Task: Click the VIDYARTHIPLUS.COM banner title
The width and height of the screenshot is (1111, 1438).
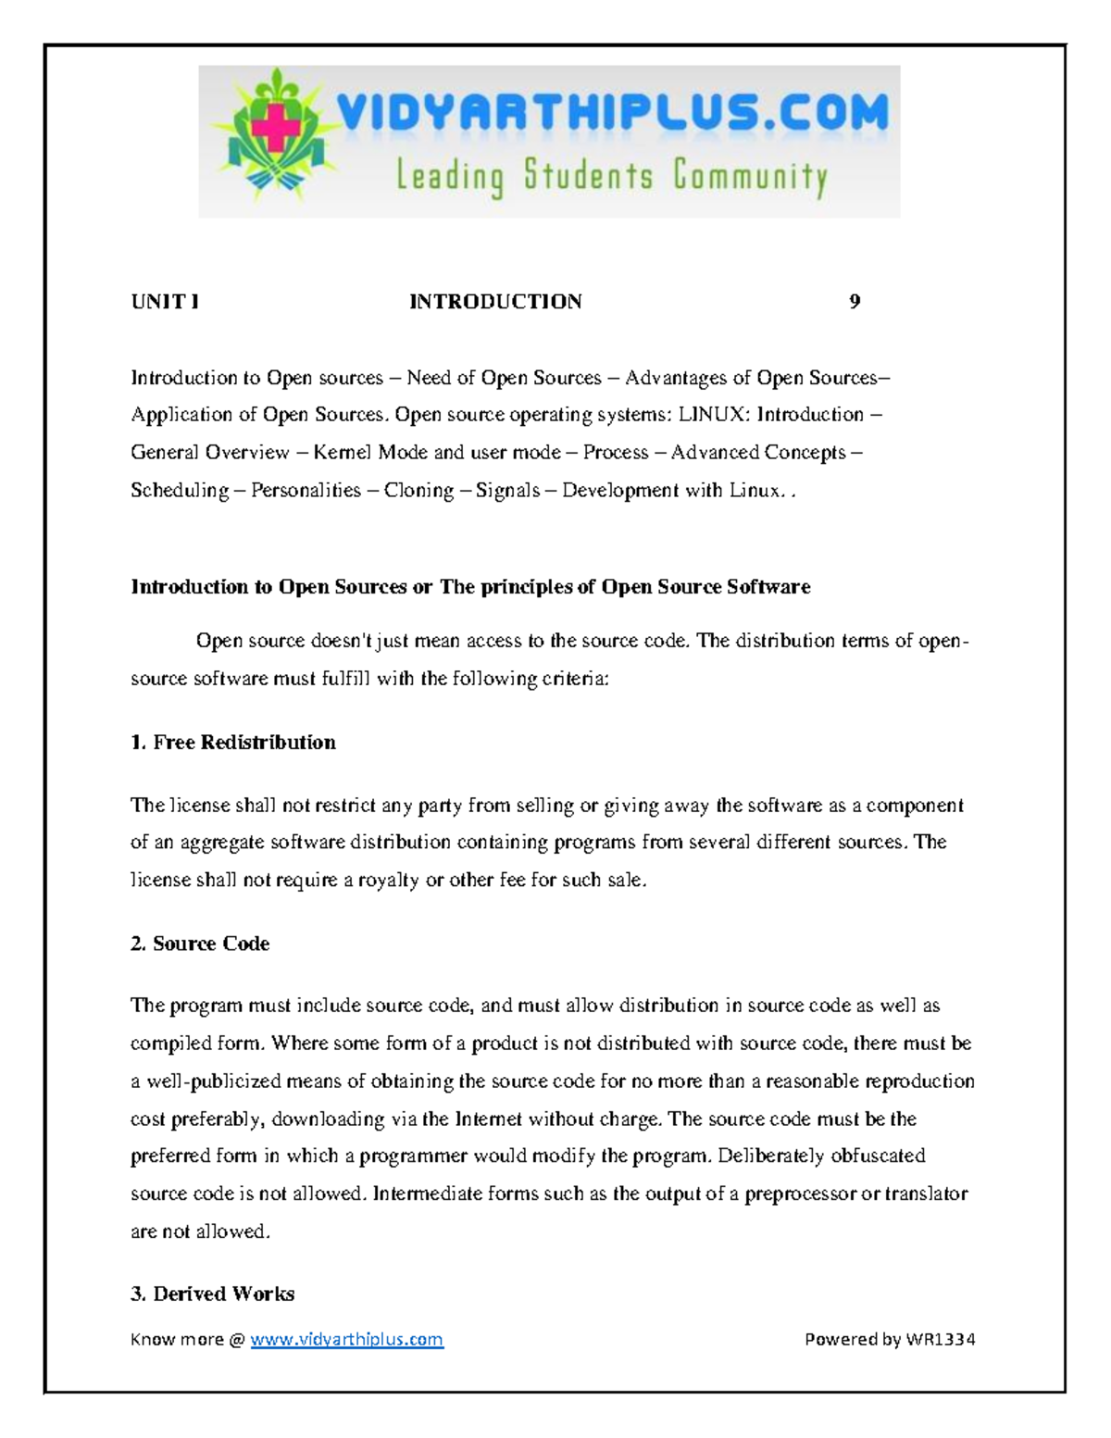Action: (x=612, y=116)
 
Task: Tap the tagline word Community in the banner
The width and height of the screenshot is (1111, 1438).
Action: (x=749, y=176)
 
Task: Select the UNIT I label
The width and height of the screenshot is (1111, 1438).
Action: (x=165, y=302)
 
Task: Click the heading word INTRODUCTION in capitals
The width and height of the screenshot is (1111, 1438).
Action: (x=495, y=302)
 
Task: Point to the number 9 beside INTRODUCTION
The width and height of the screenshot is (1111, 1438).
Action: (x=855, y=302)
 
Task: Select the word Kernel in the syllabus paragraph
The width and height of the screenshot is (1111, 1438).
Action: (x=343, y=453)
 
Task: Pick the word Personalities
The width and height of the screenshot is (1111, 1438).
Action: (x=306, y=491)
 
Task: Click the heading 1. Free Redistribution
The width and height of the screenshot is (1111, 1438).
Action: (x=233, y=743)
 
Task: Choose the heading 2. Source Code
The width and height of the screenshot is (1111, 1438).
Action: (x=200, y=944)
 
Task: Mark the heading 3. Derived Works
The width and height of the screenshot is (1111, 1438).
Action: (x=213, y=1294)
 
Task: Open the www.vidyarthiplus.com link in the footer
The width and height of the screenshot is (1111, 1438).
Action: (x=347, y=1340)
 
